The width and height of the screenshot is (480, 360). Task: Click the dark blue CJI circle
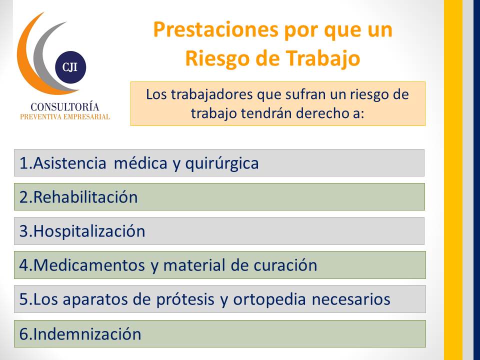70,67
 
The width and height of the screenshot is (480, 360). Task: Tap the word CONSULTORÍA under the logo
65,106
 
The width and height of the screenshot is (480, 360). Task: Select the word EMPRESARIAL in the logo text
86,117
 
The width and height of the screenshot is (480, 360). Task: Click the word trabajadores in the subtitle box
212,94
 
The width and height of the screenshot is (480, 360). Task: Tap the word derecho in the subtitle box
321,113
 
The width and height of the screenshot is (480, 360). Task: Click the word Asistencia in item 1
69,163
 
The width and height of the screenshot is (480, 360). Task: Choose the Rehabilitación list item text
78,197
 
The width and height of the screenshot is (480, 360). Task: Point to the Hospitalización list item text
82,231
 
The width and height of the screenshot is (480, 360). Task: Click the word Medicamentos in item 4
89,265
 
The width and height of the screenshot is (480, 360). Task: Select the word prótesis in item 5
185,299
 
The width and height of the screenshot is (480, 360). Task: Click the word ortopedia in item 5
269,299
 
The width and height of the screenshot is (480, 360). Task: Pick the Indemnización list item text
80,334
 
